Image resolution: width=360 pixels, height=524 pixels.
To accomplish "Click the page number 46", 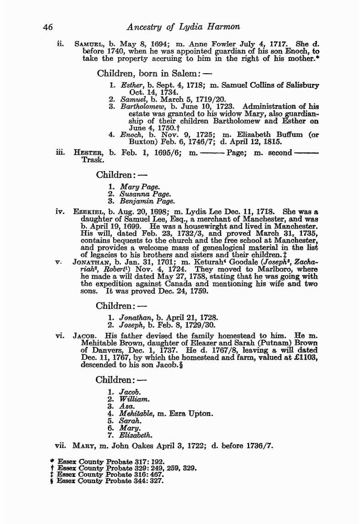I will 48,27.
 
